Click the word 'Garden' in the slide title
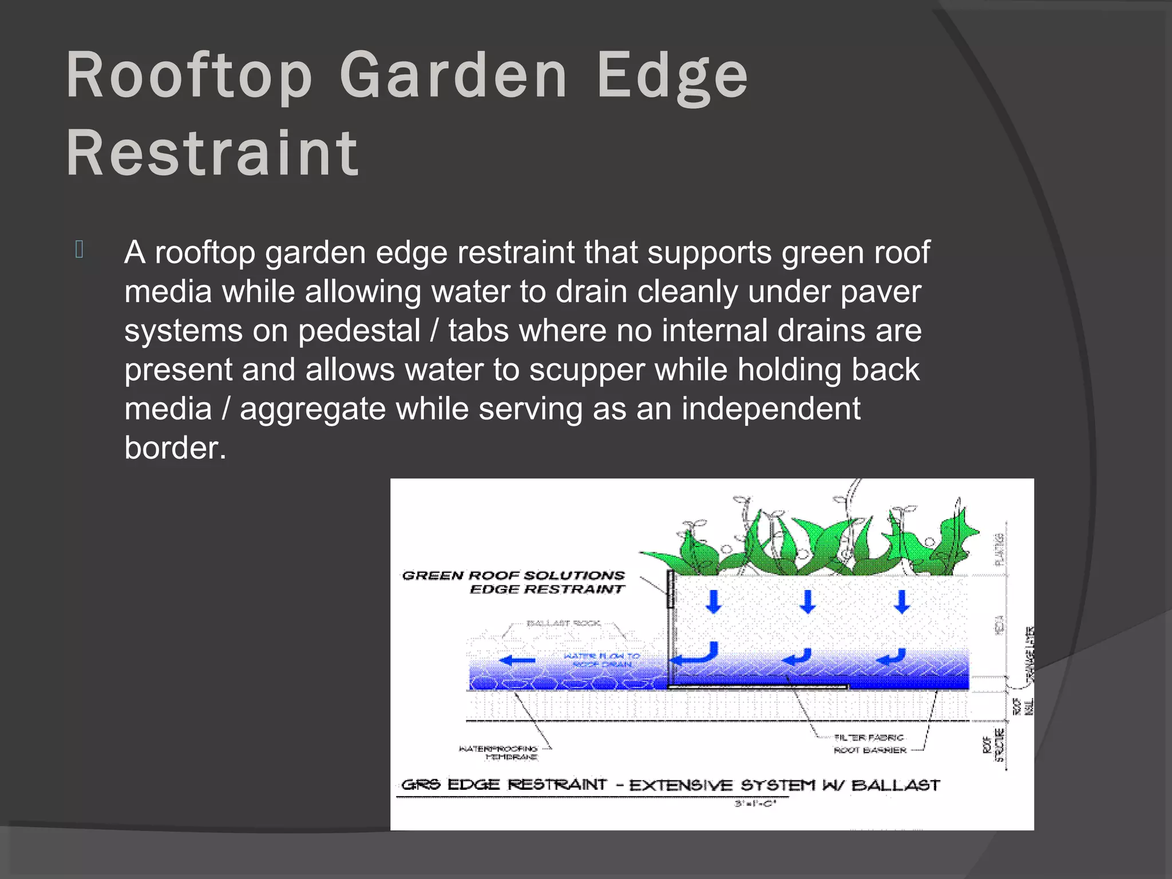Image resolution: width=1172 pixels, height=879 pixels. point(453,77)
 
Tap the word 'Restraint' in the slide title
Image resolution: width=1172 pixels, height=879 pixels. point(212,153)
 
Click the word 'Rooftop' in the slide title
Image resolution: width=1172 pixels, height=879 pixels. point(189,77)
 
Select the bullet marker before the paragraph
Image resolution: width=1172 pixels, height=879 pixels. point(80,250)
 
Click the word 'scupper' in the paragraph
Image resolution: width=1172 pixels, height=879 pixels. point(587,369)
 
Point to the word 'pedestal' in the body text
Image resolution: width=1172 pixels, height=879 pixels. point(359,330)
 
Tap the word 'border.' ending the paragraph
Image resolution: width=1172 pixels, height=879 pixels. point(175,448)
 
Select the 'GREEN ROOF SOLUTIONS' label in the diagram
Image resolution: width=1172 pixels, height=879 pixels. point(513,575)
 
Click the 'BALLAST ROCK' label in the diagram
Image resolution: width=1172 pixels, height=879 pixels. point(563,623)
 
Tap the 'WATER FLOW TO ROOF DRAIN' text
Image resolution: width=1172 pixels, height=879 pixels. point(602,660)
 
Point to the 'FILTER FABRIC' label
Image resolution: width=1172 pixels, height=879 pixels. point(869,738)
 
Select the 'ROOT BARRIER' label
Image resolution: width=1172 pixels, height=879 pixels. point(870,750)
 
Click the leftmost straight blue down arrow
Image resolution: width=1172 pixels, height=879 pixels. point(713,601)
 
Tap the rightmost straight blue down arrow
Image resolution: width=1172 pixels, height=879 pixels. point(902,601)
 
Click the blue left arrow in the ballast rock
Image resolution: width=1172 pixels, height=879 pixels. point(517,661)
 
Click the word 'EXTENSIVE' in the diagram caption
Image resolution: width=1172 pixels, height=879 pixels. point(680,785)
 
